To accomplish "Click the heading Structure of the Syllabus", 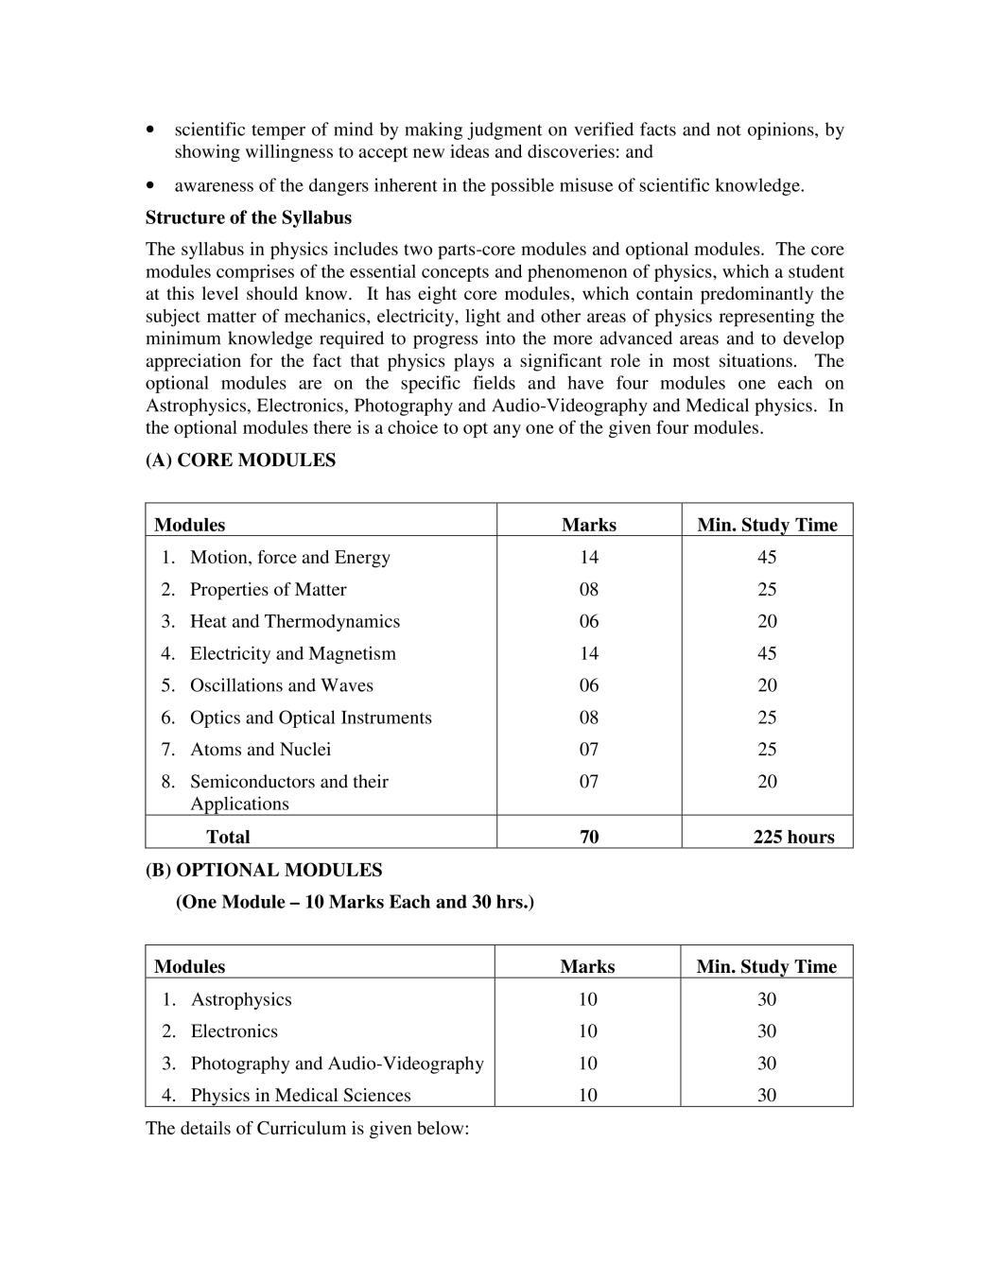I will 248,217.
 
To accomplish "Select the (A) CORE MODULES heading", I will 240,460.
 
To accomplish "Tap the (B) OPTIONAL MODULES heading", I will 264,870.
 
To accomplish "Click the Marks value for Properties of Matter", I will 589,590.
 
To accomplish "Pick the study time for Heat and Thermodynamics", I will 767,621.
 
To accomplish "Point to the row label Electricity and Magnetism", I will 292,653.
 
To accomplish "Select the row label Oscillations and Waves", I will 281,685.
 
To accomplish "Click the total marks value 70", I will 589,837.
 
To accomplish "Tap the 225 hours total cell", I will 793,837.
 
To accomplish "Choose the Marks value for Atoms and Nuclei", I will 589,750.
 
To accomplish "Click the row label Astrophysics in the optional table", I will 241,999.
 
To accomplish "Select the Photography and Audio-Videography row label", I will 337,1064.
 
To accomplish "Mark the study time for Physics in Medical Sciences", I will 767,1096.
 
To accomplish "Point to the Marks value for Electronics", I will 588,1031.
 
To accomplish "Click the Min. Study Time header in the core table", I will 767,525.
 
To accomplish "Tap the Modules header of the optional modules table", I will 189,966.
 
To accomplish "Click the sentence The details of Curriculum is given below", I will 307,1128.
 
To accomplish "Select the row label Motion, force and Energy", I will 289,558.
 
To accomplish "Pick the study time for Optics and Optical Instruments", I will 767,718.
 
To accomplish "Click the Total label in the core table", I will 228,837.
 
